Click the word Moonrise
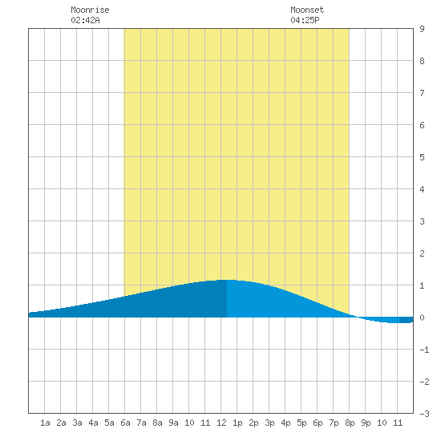(x=90, y=10)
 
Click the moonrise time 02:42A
(x=85, y=20)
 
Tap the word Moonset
(x=307, y=10)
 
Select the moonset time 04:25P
(x=305, y=20)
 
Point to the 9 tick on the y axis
(x=422, y=29)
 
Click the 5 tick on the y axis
(x=422, y=157)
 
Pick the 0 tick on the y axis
(x=422, y=318)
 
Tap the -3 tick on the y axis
(x=424, y=414)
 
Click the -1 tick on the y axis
(x=424, y=350)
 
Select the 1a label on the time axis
(x=45, y=423)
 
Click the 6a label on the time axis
(x=125, y=423)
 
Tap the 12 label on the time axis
(x=221, y=423)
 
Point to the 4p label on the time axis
(x=285, y=423)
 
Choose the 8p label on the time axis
(x=350, y=423)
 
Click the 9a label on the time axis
(x=173, y=423)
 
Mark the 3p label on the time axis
(x=269, y=423)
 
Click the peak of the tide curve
(x=227, y=280)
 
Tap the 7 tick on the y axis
(x=422, y=93)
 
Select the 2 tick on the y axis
(x=422, y=253)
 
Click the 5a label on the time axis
(x=109, y=423)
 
